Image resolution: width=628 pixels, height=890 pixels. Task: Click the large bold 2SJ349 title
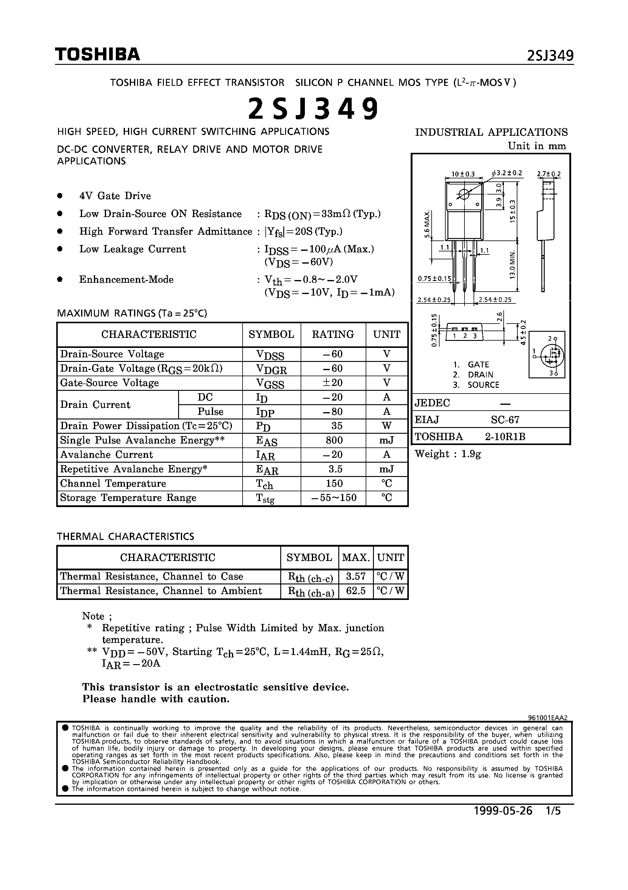313,109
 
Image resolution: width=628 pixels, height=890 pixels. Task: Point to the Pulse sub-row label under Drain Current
210,411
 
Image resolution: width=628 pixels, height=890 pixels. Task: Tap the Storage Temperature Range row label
128,498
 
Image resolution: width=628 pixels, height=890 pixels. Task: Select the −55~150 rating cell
334,498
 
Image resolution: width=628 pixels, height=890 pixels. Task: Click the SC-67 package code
505,419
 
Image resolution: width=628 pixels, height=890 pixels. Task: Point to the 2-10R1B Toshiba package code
505,436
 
